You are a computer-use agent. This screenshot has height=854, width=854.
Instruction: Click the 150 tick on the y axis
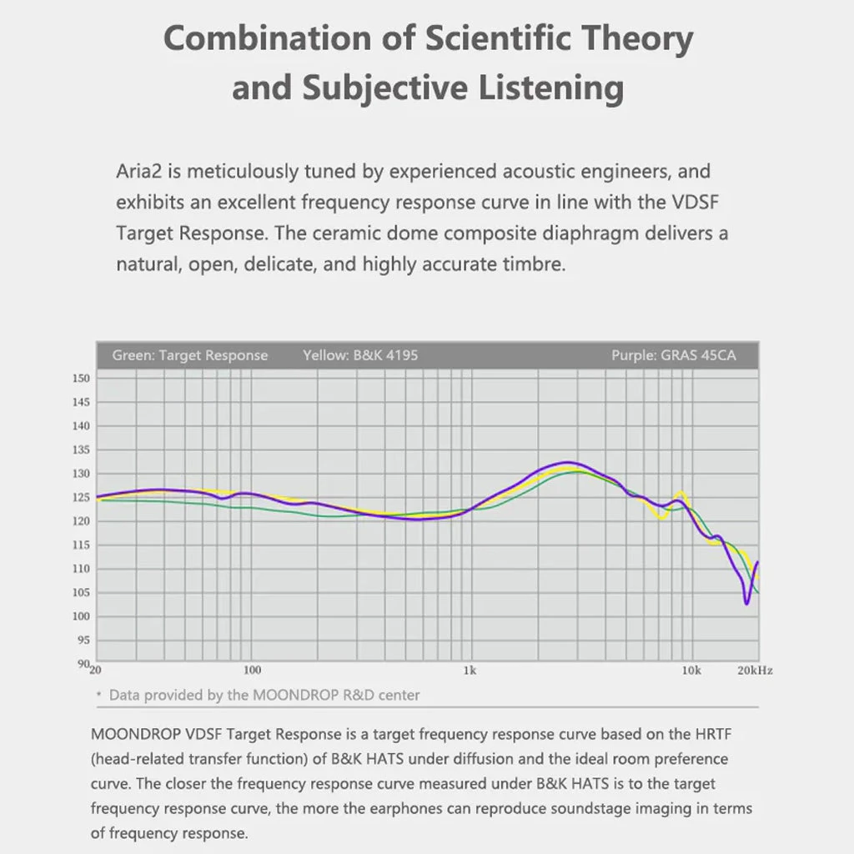click(x=81, y=378)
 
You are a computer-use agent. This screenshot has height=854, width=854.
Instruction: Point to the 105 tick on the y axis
click(x=81, y=592)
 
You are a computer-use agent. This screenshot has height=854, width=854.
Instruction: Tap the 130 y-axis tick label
click(x=81, y=474)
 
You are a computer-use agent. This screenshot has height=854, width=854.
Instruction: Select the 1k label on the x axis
click(x=470, y=671)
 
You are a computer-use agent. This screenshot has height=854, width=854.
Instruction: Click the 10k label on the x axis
click(x=691, y=671)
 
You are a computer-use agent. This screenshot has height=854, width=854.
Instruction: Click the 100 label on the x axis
click(x=251, y=671)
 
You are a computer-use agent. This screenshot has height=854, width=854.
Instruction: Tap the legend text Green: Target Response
click(x=190, y=355)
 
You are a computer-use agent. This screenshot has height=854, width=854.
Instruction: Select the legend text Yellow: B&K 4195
click(x=360, y=355)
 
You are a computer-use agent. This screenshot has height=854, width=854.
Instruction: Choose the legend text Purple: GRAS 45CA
click(x=673, y=355)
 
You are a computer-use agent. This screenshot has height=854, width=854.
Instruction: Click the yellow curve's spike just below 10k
click(x=682, y=493)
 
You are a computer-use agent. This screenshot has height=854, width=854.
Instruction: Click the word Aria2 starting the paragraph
click(x=138, y=172)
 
